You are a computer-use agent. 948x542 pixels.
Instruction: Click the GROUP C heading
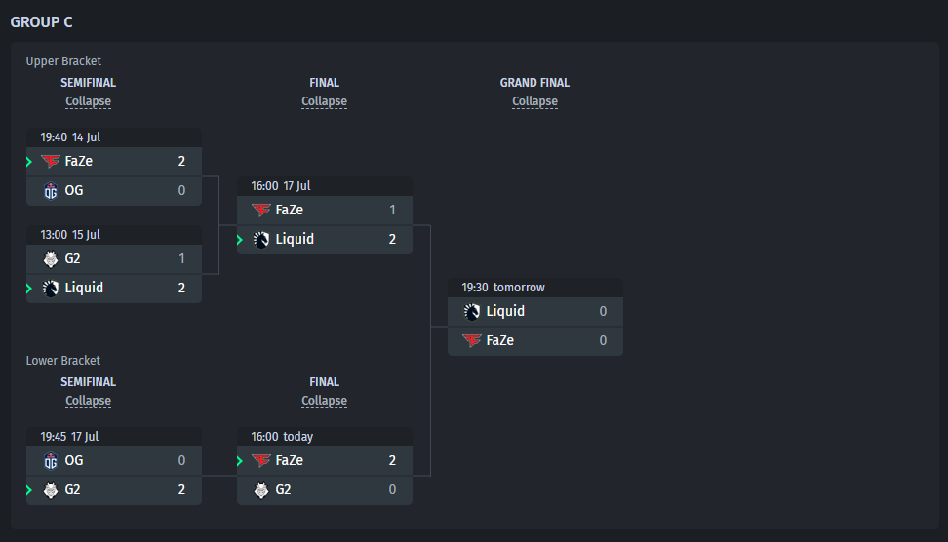[x=41, y=22]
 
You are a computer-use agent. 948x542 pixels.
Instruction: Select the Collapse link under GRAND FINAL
[x=534, y=101]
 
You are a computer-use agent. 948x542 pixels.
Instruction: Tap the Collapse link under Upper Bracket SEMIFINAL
[x=89, y=101]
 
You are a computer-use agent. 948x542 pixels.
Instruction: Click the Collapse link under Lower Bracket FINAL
[x=324, y=401]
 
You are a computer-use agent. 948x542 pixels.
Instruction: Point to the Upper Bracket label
[x=63, y=61]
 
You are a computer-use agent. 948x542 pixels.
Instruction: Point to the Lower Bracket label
[x=62, y=360]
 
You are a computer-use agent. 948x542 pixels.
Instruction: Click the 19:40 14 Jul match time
[x=70, y=137]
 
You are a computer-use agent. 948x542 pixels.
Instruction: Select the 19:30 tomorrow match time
[x=503, y=287]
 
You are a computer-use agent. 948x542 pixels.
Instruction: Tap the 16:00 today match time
[x=282, y=437]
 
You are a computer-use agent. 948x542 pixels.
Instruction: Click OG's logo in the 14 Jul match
[x=51, y=191]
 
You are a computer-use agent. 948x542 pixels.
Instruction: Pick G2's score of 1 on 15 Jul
[x=181, y=258]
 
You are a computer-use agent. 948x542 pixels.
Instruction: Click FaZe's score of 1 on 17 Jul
[x=392, y=210]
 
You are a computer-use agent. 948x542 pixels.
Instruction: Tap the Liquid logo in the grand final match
[x=472, y=312]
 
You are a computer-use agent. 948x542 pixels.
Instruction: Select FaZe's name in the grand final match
[x=500, y=340]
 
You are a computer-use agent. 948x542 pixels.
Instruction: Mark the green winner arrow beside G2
[x=29, y=490]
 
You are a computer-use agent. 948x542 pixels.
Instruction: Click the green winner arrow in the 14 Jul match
[x=29, y=161]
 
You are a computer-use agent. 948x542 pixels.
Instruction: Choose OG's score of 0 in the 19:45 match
[x=181, y=460]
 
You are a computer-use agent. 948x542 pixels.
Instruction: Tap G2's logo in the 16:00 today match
[x=261, y=490]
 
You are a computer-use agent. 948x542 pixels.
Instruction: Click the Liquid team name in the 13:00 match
[x=84, y=288]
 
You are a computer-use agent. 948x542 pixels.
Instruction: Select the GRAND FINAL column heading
[x=534, y=83]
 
